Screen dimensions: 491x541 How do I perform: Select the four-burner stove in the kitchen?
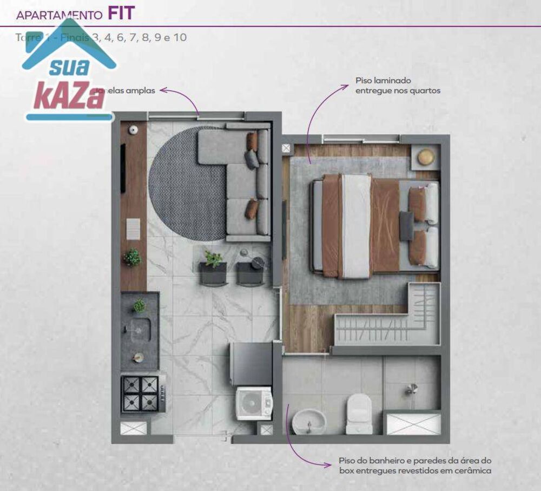pos(141,394)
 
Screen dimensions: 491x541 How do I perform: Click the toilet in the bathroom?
pos(359,414)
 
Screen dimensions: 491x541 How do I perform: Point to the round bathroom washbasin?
pos(309,421)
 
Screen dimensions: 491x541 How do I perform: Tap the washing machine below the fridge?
pos(254,403)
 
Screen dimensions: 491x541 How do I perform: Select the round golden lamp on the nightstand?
pos(426,157)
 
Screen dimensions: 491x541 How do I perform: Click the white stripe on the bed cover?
pos(357,226)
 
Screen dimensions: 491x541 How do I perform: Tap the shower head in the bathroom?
pos(412,388)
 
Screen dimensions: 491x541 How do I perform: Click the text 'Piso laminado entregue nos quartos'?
pos(397,86)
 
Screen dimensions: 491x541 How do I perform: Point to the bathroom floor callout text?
pos(415,466)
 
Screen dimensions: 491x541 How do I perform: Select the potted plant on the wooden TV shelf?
pos(133,257)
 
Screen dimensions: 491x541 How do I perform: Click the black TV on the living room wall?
pos(123,168)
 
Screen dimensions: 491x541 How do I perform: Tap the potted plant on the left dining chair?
pos(213,259)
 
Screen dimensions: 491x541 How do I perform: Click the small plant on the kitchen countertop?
pos(139,306)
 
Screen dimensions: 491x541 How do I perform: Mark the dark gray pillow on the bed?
pos(406,226)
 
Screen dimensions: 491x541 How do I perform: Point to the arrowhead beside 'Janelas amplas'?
pos(163,90)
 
